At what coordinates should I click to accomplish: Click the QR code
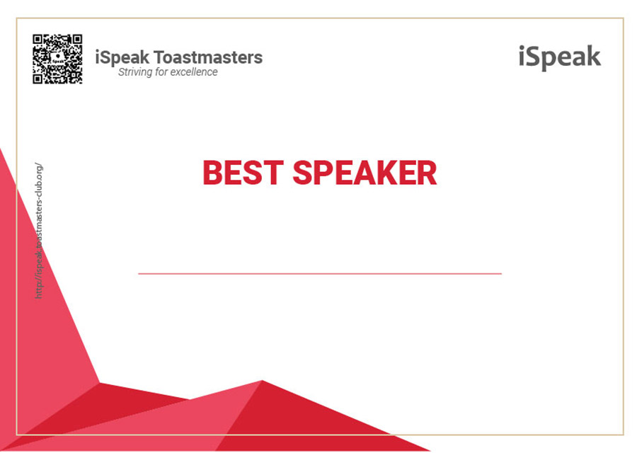pos(57,59)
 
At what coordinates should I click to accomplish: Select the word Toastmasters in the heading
pos(208,57)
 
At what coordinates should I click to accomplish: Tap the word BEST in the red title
pos(243,173)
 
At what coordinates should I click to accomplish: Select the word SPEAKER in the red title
pos(365,173)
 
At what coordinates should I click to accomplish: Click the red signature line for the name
pos(320,274)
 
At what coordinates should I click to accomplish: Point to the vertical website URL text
pos(39,231)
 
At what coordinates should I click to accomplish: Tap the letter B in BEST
pos(213,173)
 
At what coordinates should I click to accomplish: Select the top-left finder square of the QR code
pos(38,39)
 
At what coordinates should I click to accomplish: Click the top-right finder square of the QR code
pos(77,39)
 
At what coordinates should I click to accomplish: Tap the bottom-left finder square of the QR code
pos(38,79)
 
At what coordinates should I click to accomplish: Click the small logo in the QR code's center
pos(58,58)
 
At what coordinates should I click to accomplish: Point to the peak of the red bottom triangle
pos(263,380)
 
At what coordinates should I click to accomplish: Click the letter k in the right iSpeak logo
pos(593,56)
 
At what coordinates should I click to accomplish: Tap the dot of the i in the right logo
pos(522,47)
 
